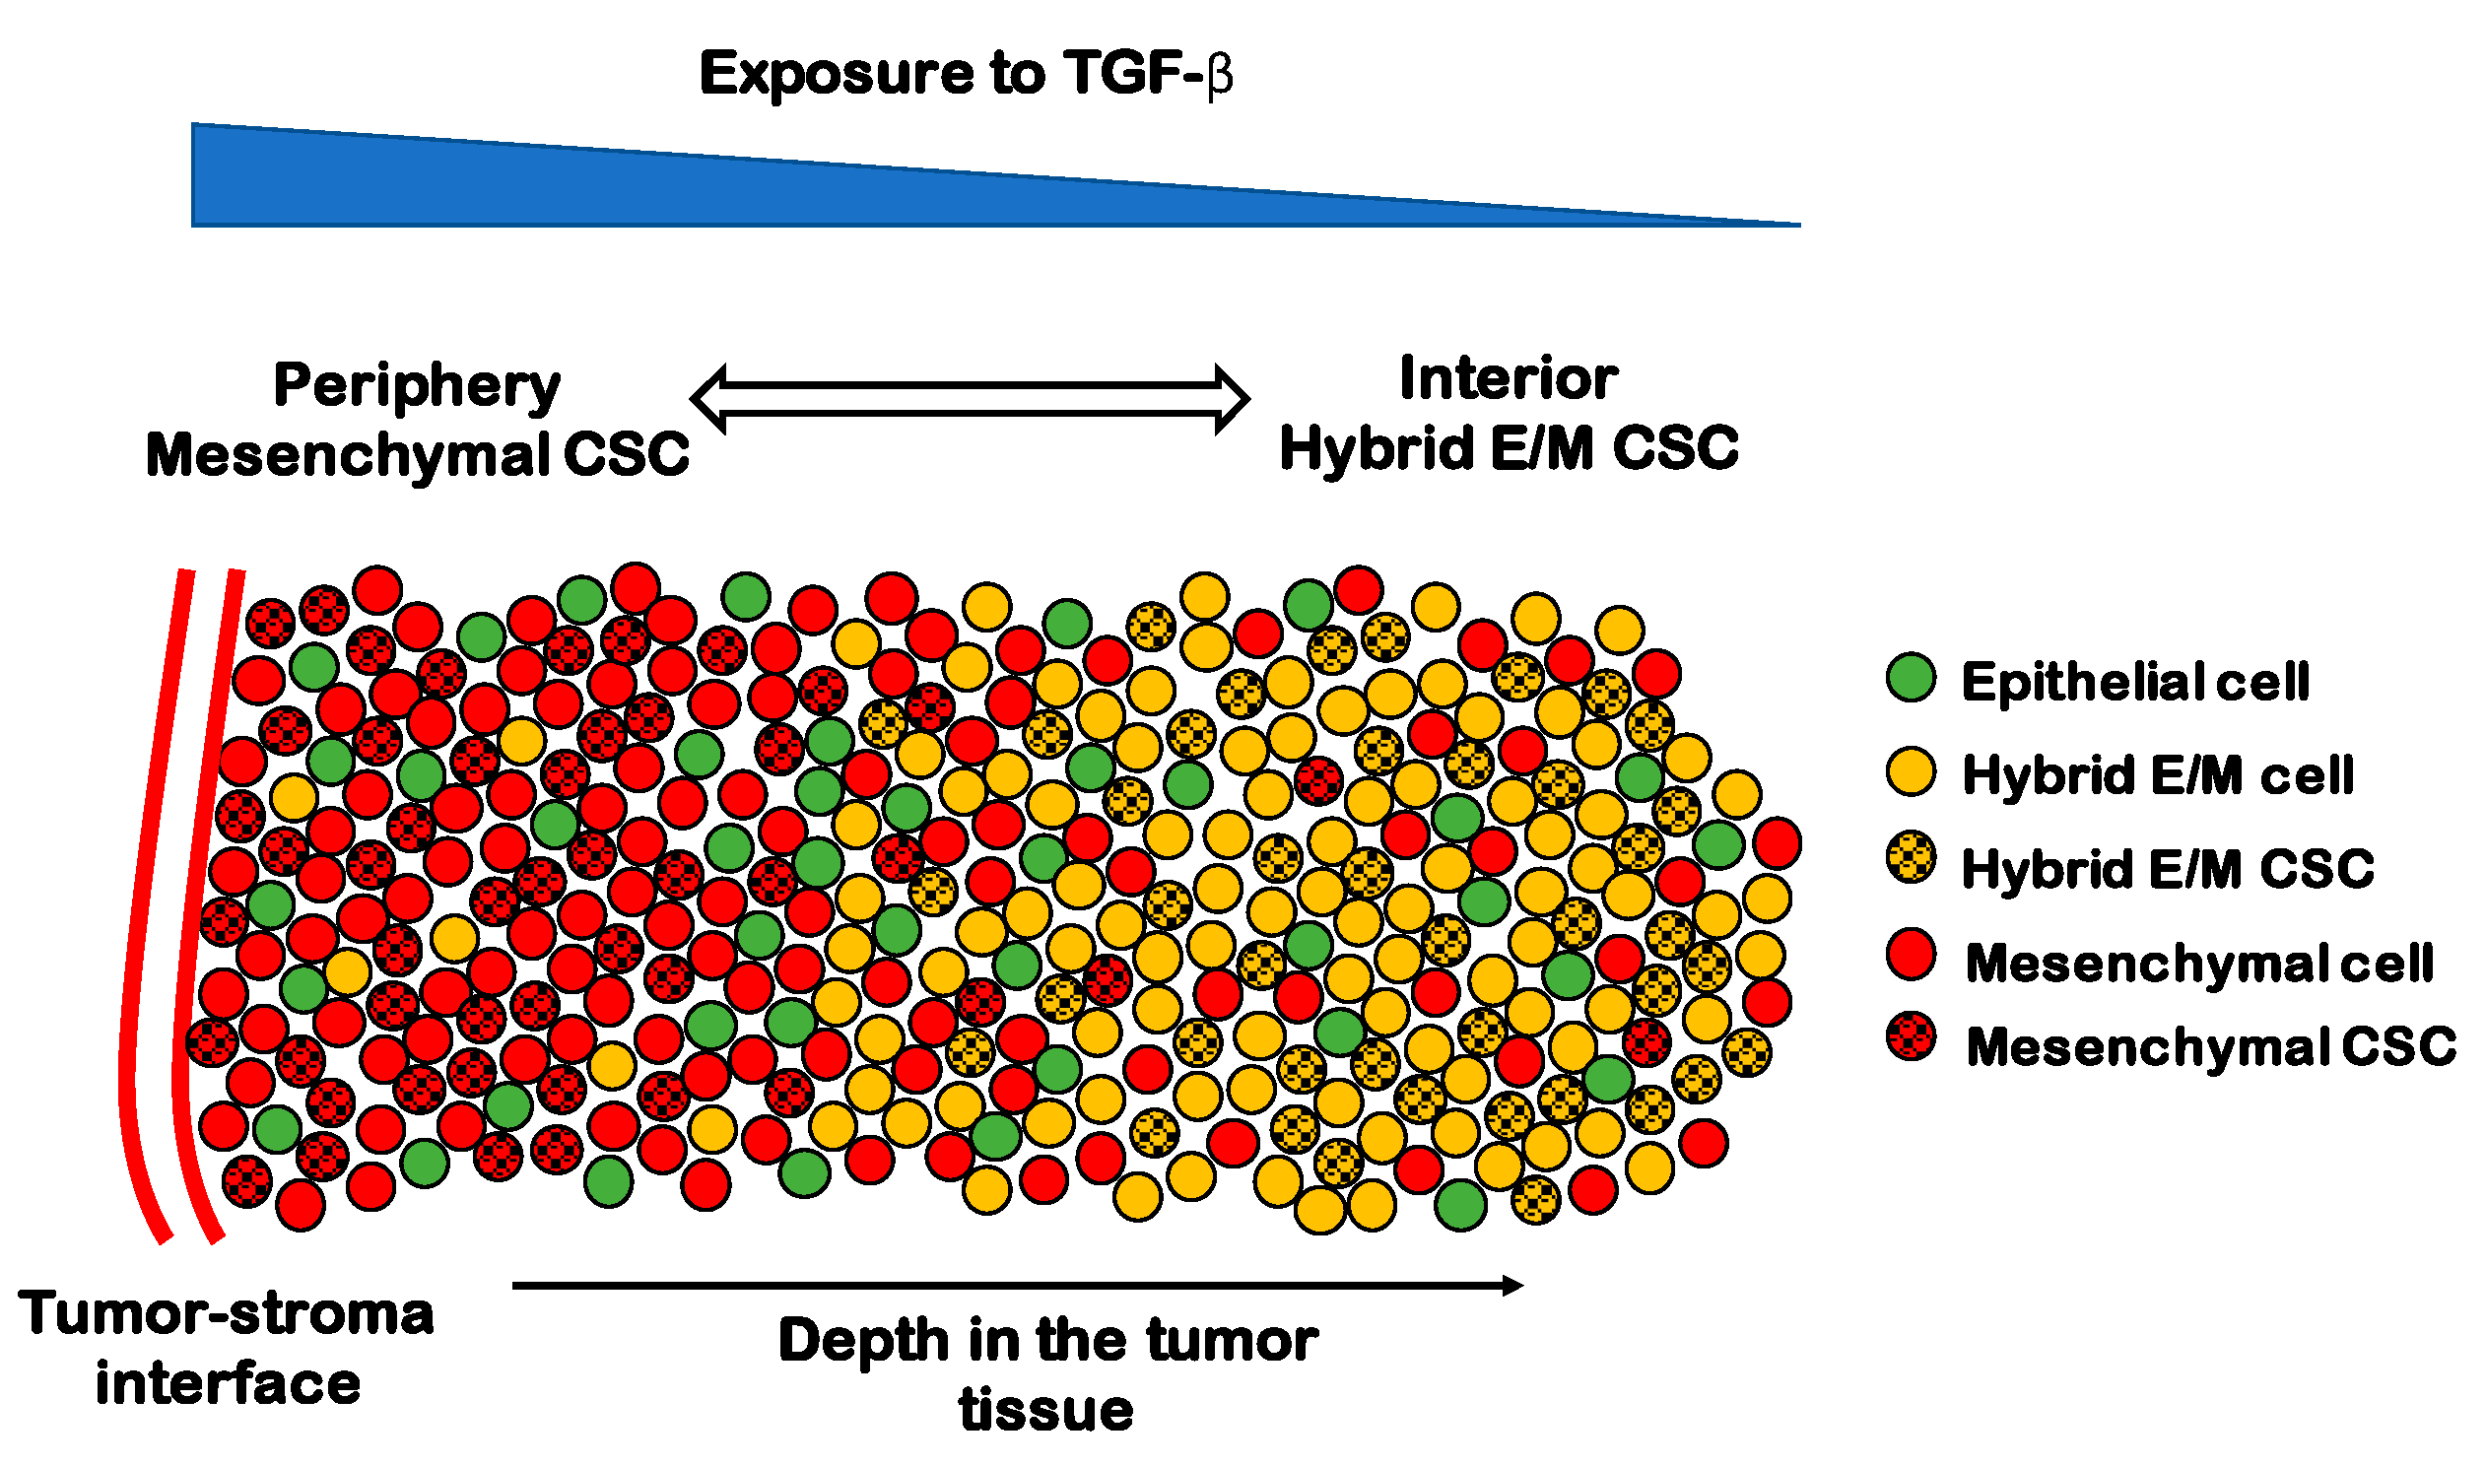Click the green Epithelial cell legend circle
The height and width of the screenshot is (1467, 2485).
tap(1911, 678)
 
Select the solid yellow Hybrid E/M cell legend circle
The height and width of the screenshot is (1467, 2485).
tap(1911, 771)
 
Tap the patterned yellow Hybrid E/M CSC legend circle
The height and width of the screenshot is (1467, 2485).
tap(1911, 856)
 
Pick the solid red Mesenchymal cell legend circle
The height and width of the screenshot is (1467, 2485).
tap(1911, 954)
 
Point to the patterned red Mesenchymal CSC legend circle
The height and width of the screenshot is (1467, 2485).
tap(1911, 1037)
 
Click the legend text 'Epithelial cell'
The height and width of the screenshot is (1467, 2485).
tap(2135, 682)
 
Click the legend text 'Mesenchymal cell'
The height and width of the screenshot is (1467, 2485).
tap(2199, 963)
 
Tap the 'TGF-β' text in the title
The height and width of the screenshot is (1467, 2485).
tap(1148, 74)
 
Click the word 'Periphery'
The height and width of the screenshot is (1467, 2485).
tap(416, 385)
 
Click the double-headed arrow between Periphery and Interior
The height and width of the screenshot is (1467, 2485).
tap(970, 399)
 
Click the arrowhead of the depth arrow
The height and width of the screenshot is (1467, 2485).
tap(1512, 1285)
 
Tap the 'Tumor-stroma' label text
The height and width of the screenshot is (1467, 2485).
tap(227, 1314)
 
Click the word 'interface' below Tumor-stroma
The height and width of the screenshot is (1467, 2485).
tap(229, 1383)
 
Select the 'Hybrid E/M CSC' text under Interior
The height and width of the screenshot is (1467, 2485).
tap(1509, 449)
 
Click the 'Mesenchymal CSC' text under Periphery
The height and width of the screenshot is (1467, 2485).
tap(417, 456)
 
